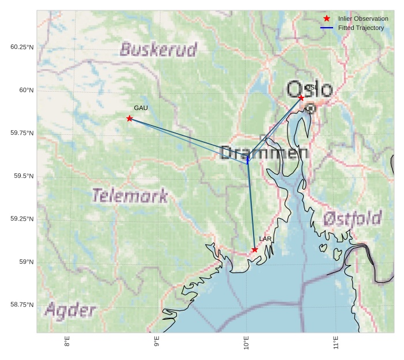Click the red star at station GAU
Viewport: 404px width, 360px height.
130,119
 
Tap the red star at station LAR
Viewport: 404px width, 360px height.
255,249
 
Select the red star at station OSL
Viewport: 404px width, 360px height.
301,98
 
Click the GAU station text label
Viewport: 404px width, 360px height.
141,108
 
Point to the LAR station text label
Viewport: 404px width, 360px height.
265,238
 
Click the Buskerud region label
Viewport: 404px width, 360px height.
158,50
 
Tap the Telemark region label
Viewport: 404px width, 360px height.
130,196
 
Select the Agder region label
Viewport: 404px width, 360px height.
70,310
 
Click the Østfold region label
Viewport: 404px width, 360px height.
352,218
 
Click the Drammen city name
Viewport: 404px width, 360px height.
264,153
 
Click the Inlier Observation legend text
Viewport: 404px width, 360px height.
363,19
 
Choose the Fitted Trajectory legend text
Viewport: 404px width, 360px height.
361,28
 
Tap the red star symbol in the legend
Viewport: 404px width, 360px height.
327,19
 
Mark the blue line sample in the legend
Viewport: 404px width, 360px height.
327,28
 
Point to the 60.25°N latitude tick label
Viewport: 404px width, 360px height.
22,47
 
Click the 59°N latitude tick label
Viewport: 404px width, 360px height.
27,262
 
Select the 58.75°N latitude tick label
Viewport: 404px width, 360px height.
22,305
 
